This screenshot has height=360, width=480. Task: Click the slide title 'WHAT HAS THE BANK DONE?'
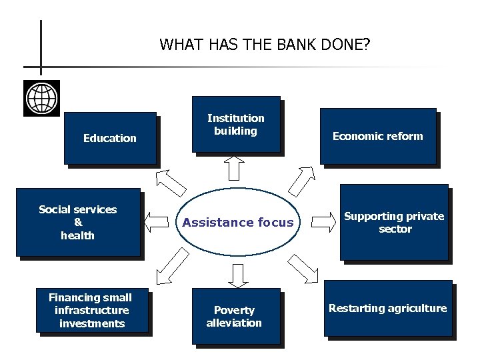point(265,45)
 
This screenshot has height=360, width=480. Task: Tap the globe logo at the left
point(41,98)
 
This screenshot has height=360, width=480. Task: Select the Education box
point(110,138)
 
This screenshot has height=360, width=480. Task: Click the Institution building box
point(235,125)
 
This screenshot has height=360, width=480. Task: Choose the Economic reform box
point(377,136)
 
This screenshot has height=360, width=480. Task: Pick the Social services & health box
point(78,222)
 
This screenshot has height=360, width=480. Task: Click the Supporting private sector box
point(393,222)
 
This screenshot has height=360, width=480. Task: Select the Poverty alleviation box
point(234,316)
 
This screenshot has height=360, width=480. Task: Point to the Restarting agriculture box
point(387,308)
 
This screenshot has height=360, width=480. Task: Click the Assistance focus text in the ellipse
point(238,223)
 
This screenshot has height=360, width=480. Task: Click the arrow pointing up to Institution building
point(234,167)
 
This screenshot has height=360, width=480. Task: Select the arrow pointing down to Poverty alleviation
point(237,273)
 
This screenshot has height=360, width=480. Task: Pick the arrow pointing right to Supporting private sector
point(325,219)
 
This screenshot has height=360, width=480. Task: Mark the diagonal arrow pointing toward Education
point(171,179)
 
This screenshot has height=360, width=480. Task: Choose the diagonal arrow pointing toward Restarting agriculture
point(305,267)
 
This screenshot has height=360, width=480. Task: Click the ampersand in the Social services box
point(78,222)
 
